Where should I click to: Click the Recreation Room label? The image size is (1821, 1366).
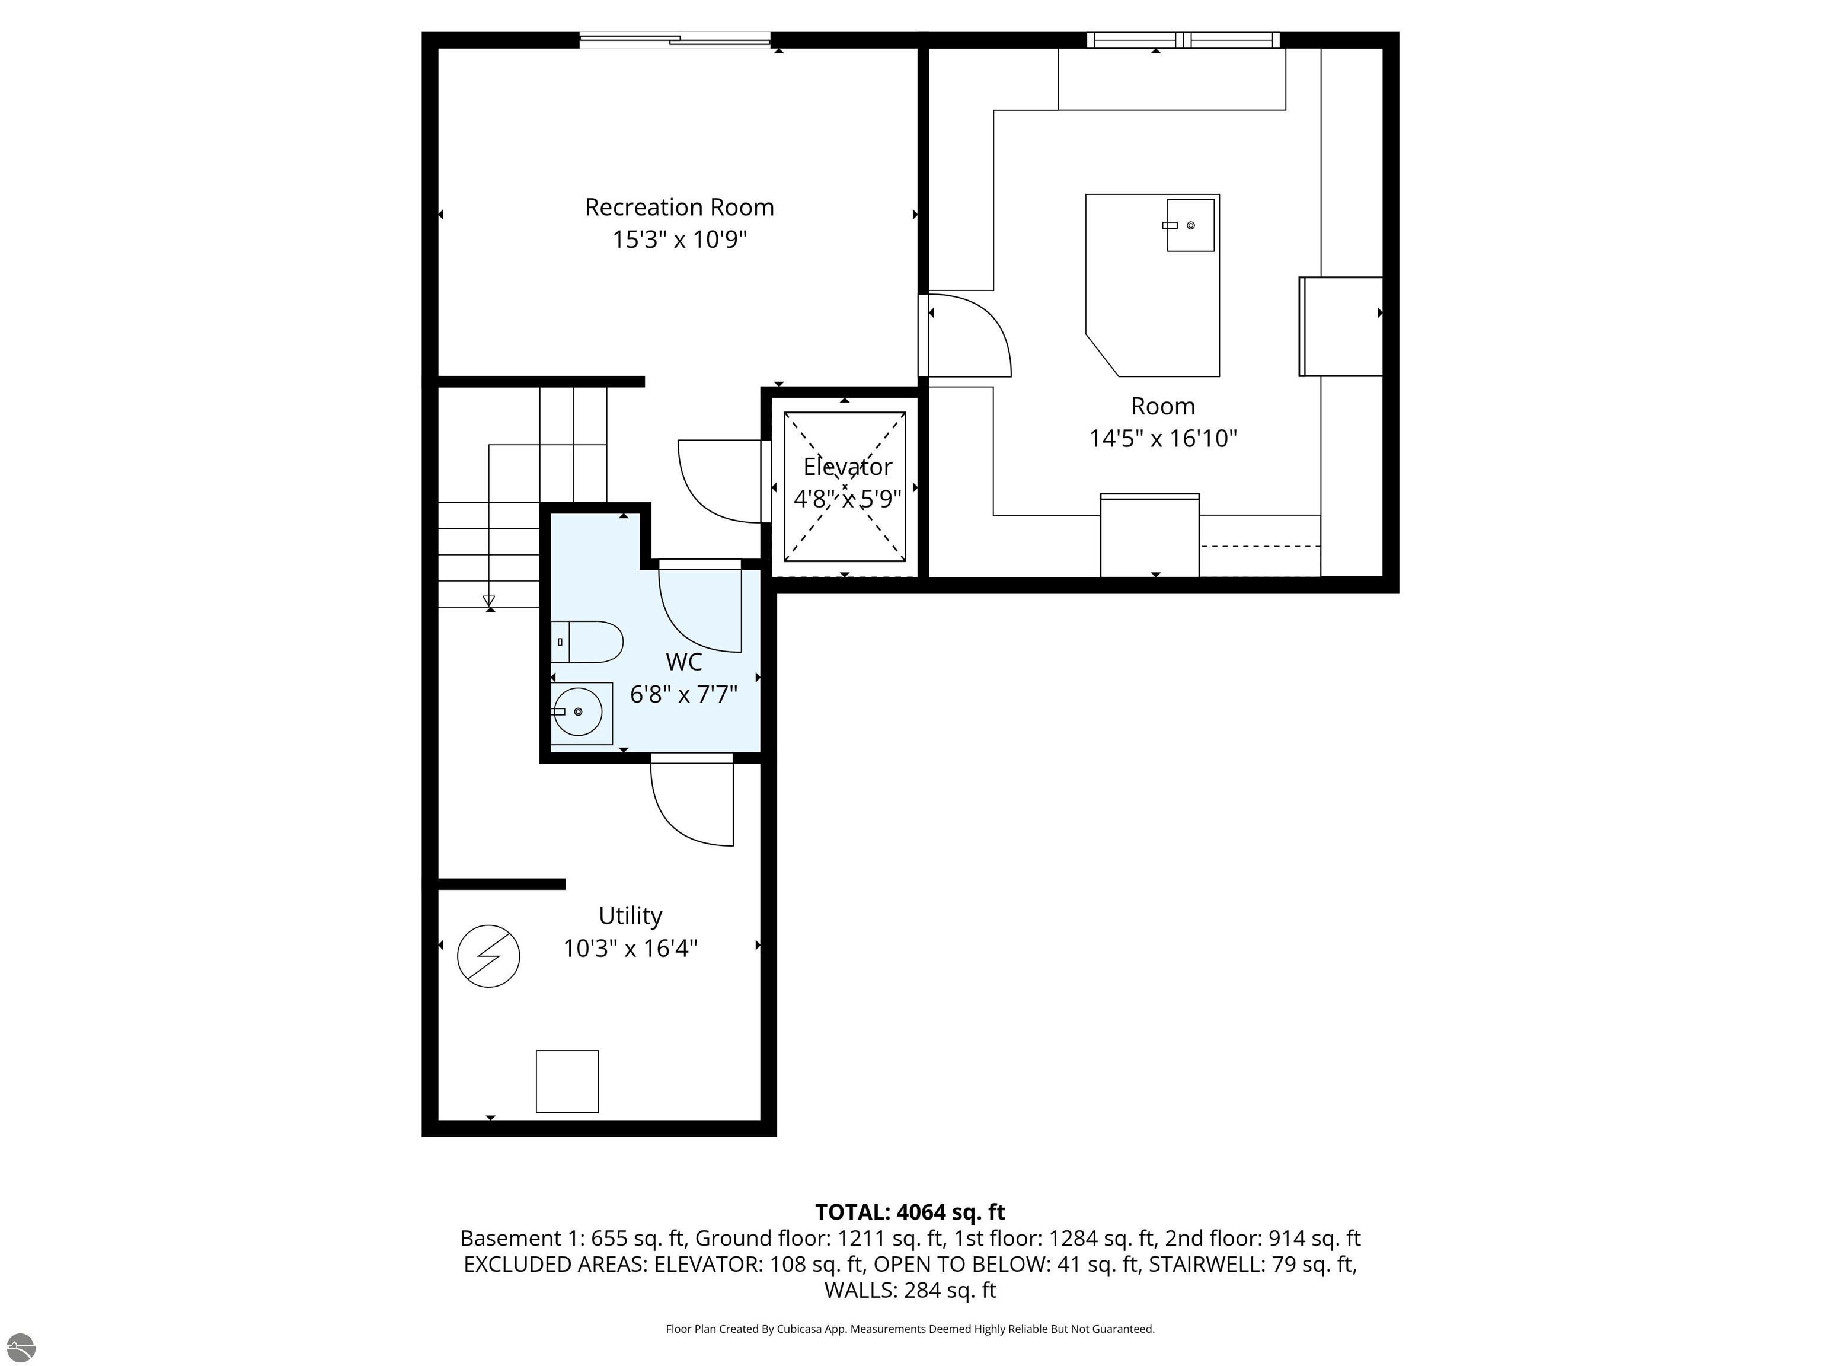coord(679,207)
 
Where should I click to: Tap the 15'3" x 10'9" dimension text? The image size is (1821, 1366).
coord(679,240)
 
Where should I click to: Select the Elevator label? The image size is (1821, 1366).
coord(847,467)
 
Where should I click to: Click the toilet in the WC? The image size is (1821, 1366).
coord(587,642)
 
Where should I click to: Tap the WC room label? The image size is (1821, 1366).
coord(683,662)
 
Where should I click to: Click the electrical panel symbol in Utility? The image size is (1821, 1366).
coord(488,956)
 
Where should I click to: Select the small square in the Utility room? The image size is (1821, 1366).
coord(567,1081)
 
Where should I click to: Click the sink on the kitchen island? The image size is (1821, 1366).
coord(1190,225)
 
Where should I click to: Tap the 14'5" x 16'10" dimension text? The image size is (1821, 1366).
coord(1162,438)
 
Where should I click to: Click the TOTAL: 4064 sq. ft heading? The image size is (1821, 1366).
coord(910,1212)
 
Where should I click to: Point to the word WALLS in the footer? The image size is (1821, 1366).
coord(860,1290)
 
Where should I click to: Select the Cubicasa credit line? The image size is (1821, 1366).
coord(910,1329)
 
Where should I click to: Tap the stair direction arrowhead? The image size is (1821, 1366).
coord(489,600)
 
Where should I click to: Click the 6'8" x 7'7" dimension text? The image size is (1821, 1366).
coord(683,695)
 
